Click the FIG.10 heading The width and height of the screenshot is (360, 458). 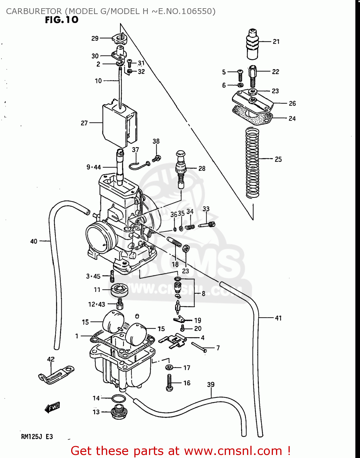(62, 20)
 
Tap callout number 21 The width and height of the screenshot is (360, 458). (276, 42)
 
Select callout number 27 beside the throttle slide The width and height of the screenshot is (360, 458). (84, 123)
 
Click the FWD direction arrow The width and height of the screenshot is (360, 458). (52, 407)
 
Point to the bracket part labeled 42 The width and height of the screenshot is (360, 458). (56, 374)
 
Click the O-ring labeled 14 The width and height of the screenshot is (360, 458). (118, 399)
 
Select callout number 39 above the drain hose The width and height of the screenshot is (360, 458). (211, 385)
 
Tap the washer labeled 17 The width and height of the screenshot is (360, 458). (169, 367)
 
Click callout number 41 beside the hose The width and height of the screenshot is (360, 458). (278, 318)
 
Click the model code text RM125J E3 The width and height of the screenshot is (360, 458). (37, 437)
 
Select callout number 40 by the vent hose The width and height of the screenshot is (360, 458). (34, 242)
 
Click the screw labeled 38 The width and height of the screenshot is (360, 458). (157, 158)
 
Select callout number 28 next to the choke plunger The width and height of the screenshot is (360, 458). (202, 168)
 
